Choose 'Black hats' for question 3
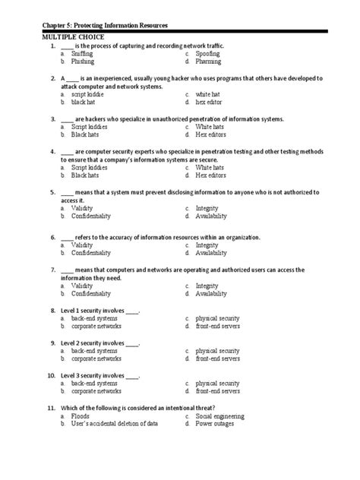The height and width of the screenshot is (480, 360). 85,134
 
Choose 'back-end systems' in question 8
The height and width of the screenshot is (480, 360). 94,318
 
